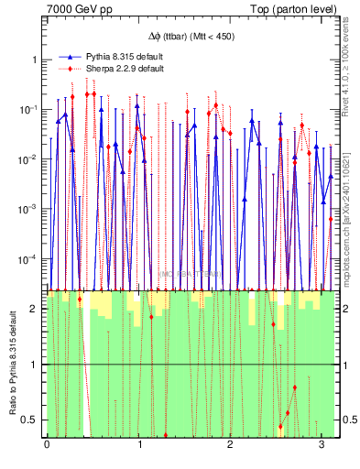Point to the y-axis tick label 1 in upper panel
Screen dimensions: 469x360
pyautogui.click(x=35, y=60)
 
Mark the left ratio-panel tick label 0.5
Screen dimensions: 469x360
pyautogui.click(x=32, y=420)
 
